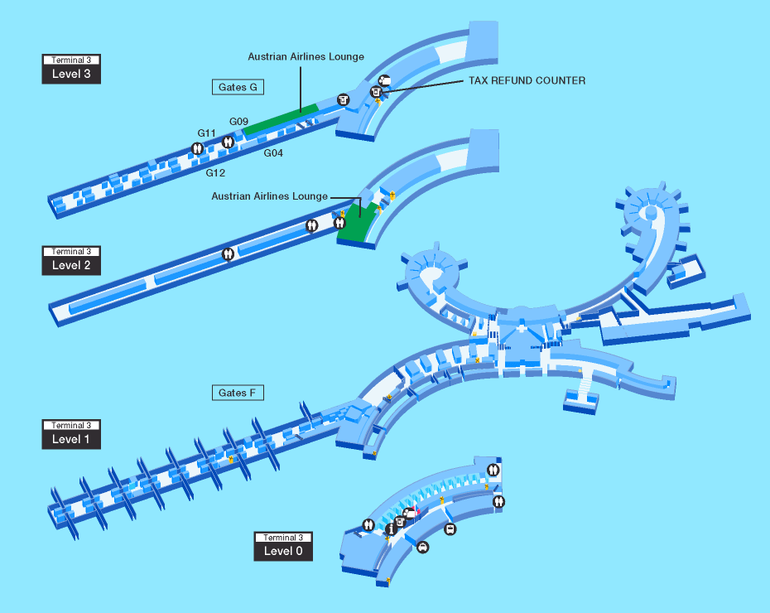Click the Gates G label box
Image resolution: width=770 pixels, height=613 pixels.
pos(238,86)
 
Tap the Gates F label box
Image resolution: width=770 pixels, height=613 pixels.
pos(238,392)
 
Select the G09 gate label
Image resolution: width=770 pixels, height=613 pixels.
pos(238,122)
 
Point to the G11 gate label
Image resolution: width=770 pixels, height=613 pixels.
pos(207,133)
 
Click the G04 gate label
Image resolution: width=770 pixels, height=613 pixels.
pos(274,153)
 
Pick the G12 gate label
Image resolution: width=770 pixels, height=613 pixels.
pos(215,173)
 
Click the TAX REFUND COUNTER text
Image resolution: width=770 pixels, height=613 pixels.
pos(527,81)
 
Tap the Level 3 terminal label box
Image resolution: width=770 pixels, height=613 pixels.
pos(71,70)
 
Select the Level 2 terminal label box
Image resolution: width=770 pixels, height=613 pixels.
pos(71,261)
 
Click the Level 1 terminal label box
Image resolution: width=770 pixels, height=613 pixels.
pos(71,435)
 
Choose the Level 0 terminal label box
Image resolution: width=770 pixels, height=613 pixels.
pos(283,547)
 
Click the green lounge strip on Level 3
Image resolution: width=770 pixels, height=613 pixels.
pos(281,118)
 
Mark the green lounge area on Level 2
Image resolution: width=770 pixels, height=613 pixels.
pos(357,224)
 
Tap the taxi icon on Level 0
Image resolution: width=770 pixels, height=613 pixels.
pos(422,547)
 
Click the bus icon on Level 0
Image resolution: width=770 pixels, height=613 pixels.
pos(450,529)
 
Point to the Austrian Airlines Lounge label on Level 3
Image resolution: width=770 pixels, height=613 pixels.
pos(306,57)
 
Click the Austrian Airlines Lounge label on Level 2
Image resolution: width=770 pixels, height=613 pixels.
pos(269,196)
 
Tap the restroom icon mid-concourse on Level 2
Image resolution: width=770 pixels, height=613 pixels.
pos(228,254)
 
